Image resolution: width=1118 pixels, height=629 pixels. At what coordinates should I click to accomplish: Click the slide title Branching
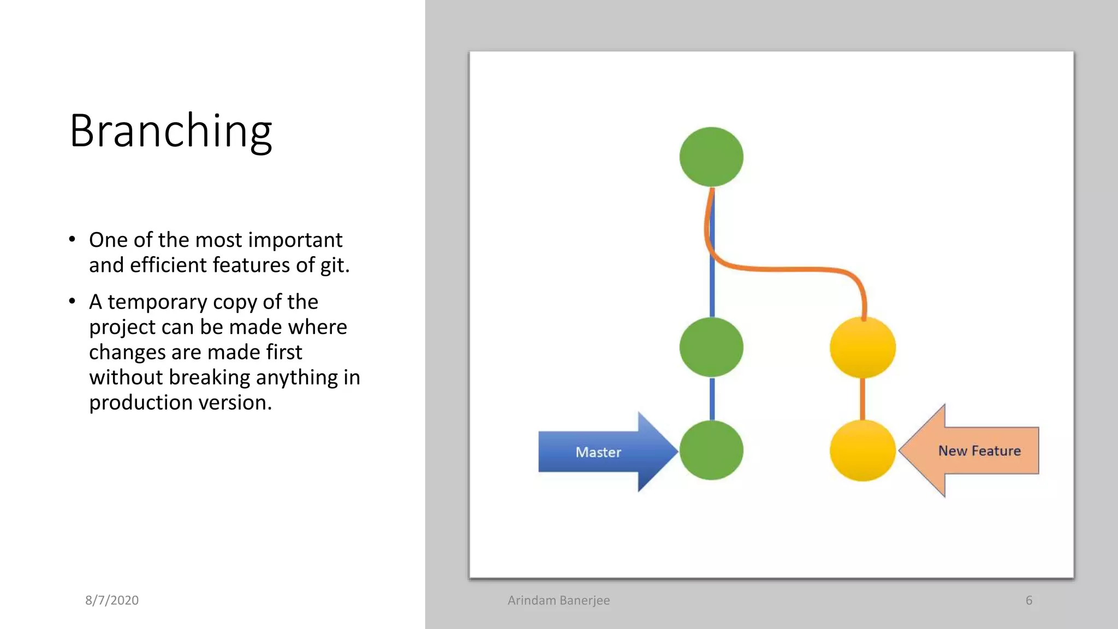click(x=170, y=131)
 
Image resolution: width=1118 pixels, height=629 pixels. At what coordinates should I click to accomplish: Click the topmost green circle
click(x=711, y=157)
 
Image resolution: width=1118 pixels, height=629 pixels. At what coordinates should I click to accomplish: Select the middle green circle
click(x=711, y=347)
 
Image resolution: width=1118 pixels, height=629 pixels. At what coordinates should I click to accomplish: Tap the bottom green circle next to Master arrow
click(x=711, y=450)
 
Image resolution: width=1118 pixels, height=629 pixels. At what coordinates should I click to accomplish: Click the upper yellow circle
click(x=863, y=347)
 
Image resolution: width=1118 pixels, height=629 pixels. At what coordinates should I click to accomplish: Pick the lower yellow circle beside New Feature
click(x=863, y=450)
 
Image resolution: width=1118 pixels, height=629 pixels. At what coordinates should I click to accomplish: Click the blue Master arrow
click(x=600, y=452)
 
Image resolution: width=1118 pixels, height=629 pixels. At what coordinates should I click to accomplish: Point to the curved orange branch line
click(x=786, y=269)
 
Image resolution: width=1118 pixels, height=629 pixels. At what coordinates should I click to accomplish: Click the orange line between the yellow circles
click(x=863, y=399)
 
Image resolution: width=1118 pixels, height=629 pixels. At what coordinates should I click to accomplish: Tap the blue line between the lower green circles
click(x=712, y=399)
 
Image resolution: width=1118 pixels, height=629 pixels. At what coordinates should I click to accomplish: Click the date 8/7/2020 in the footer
click(x=112, y=600)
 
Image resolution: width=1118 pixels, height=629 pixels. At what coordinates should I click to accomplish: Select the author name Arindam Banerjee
click(x=558, y=600)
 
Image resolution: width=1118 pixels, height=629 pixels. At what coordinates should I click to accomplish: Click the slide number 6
click(x=1028, y=600)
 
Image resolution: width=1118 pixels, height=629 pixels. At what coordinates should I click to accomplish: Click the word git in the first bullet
click(x=334, y=265)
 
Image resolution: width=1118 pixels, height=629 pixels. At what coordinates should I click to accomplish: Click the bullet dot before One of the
click(x=72, y=239)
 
